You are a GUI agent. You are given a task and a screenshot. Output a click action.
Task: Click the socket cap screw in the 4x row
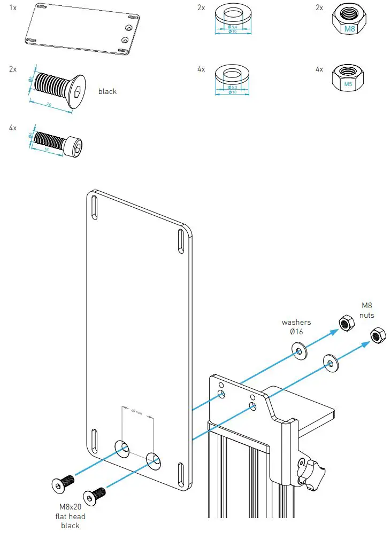coord(58,140)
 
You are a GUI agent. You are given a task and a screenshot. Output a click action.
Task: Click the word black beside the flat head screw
coord(107,91)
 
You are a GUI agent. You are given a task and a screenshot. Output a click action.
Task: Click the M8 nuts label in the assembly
coord(367,310)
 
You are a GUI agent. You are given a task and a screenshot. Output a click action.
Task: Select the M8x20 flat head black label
coord(70,516)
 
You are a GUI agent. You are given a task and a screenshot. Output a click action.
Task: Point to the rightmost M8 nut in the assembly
coord(377,335)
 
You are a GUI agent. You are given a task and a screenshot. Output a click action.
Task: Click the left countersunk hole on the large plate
coord(122,448)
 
